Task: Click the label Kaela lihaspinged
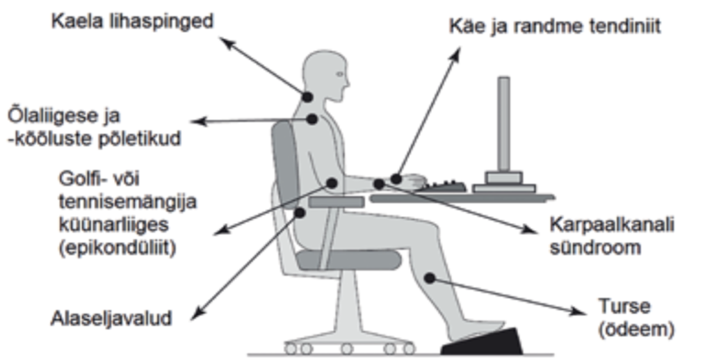click(132, 22)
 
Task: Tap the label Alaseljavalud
click(111, 318)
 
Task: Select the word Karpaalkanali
click(612, 224)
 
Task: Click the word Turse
click(624, 306)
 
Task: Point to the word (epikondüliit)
click(117, 248)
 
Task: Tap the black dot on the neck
click(307, 97)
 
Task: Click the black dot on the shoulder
click(311, 120)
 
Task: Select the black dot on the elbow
click(332, 183)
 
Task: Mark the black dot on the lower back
click(300, 212)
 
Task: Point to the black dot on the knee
click(430, 278)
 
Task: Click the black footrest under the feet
click(483, 341)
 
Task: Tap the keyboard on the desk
click(445, 186)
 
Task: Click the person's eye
click(339, 74)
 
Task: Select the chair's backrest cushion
click(286, 164)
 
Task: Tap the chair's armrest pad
click(336, 202)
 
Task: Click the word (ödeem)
click(636, 329)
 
